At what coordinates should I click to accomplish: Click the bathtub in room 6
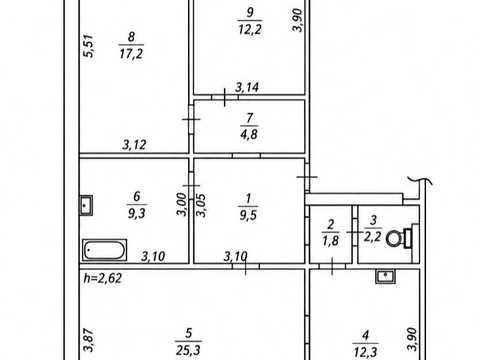104,250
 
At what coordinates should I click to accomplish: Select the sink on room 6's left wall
86,205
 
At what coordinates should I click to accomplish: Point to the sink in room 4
385,276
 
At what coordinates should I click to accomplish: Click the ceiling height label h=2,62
103,278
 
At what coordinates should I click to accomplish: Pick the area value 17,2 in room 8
131,53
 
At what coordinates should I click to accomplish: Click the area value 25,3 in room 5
188,350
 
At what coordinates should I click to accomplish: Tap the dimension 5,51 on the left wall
89,46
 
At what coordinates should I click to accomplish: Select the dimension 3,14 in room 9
247,87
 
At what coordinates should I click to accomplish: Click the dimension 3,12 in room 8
134,145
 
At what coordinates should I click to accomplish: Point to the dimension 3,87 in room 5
89,339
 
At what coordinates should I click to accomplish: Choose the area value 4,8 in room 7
249,134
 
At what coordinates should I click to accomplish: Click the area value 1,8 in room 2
330,241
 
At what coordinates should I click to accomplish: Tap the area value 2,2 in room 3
372,237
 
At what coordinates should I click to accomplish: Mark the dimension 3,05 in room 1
201,205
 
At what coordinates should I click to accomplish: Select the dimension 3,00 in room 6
182,205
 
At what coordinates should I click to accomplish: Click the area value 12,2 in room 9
250,29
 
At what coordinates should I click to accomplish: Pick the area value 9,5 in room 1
248,215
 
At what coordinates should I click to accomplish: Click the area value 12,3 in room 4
365,352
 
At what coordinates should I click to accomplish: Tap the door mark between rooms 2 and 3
355,232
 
